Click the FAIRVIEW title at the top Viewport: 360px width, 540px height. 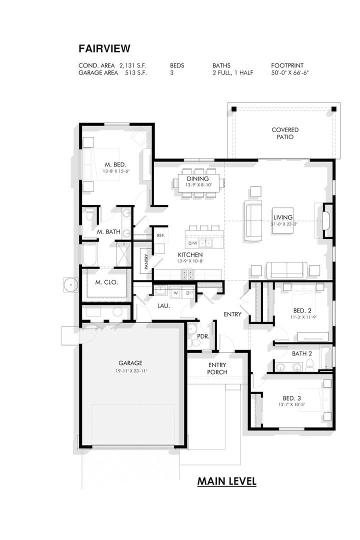(x=104, y=48)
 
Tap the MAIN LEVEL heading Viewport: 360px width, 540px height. (x=226, y=481)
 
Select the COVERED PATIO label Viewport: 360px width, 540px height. (x=285, y=133)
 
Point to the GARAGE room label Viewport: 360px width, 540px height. (x=130, y=363)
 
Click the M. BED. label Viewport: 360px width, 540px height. (x=115, y=164)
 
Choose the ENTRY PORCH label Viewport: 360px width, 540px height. (x=217, y=368)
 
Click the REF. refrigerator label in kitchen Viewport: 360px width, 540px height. (x=160, y=235)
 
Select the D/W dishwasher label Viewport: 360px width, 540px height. (x=192, y=243)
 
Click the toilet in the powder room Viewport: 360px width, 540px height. (x=191, y=330)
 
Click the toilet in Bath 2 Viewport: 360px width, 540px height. (x=310, y=367)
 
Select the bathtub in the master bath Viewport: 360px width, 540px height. (x=90, y=255)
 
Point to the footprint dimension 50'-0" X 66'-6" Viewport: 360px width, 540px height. (x=290, y=73)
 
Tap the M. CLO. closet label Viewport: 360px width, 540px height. (x=106, y=282)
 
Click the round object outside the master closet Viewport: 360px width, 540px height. (x=71, y=284)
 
